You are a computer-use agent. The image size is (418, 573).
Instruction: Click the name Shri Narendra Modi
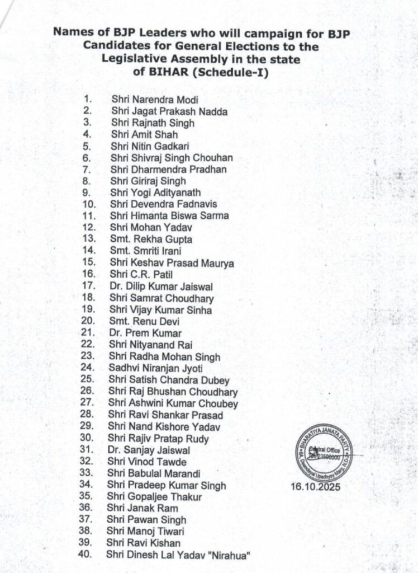click(x=147, y=100)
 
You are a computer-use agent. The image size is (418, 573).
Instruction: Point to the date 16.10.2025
click(x=315, y=487)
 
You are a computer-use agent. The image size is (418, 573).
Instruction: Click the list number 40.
click(x=87, y=555)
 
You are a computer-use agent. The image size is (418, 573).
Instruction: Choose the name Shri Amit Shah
click(x=137, y=135)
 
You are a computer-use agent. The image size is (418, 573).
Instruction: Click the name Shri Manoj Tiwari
click(x=147, y=531)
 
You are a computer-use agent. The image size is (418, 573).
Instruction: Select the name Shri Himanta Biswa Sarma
click(x=169, y=216)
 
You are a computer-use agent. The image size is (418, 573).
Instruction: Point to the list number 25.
click(x=88, y=380)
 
